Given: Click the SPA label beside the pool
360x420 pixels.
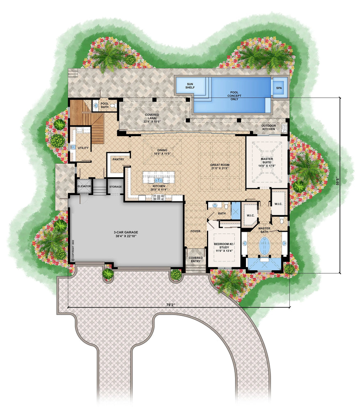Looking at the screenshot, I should (279, 88).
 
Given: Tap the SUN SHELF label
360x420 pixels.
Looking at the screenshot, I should (190, 86).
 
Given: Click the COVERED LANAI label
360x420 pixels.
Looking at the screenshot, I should (152, 118).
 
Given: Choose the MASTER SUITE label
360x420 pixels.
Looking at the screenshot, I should (266, 162).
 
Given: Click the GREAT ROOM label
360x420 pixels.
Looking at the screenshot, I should (220, 166).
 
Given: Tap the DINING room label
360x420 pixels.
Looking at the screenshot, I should (162, 152).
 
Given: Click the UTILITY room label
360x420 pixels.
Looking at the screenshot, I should (83, 148).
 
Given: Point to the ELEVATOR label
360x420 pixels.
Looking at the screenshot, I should (84, 187).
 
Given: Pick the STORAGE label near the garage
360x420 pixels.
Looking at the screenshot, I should (115, 187).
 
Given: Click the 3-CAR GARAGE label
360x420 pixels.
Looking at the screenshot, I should (126, 234).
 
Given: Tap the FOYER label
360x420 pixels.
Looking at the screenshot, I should (195, 231).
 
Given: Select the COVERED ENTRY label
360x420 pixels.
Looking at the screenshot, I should (195, 260).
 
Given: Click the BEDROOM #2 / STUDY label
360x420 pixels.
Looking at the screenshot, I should (223, 247).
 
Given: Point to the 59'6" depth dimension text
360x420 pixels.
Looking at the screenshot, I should (337, 181).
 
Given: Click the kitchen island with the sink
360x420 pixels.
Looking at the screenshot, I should (159, 178).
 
